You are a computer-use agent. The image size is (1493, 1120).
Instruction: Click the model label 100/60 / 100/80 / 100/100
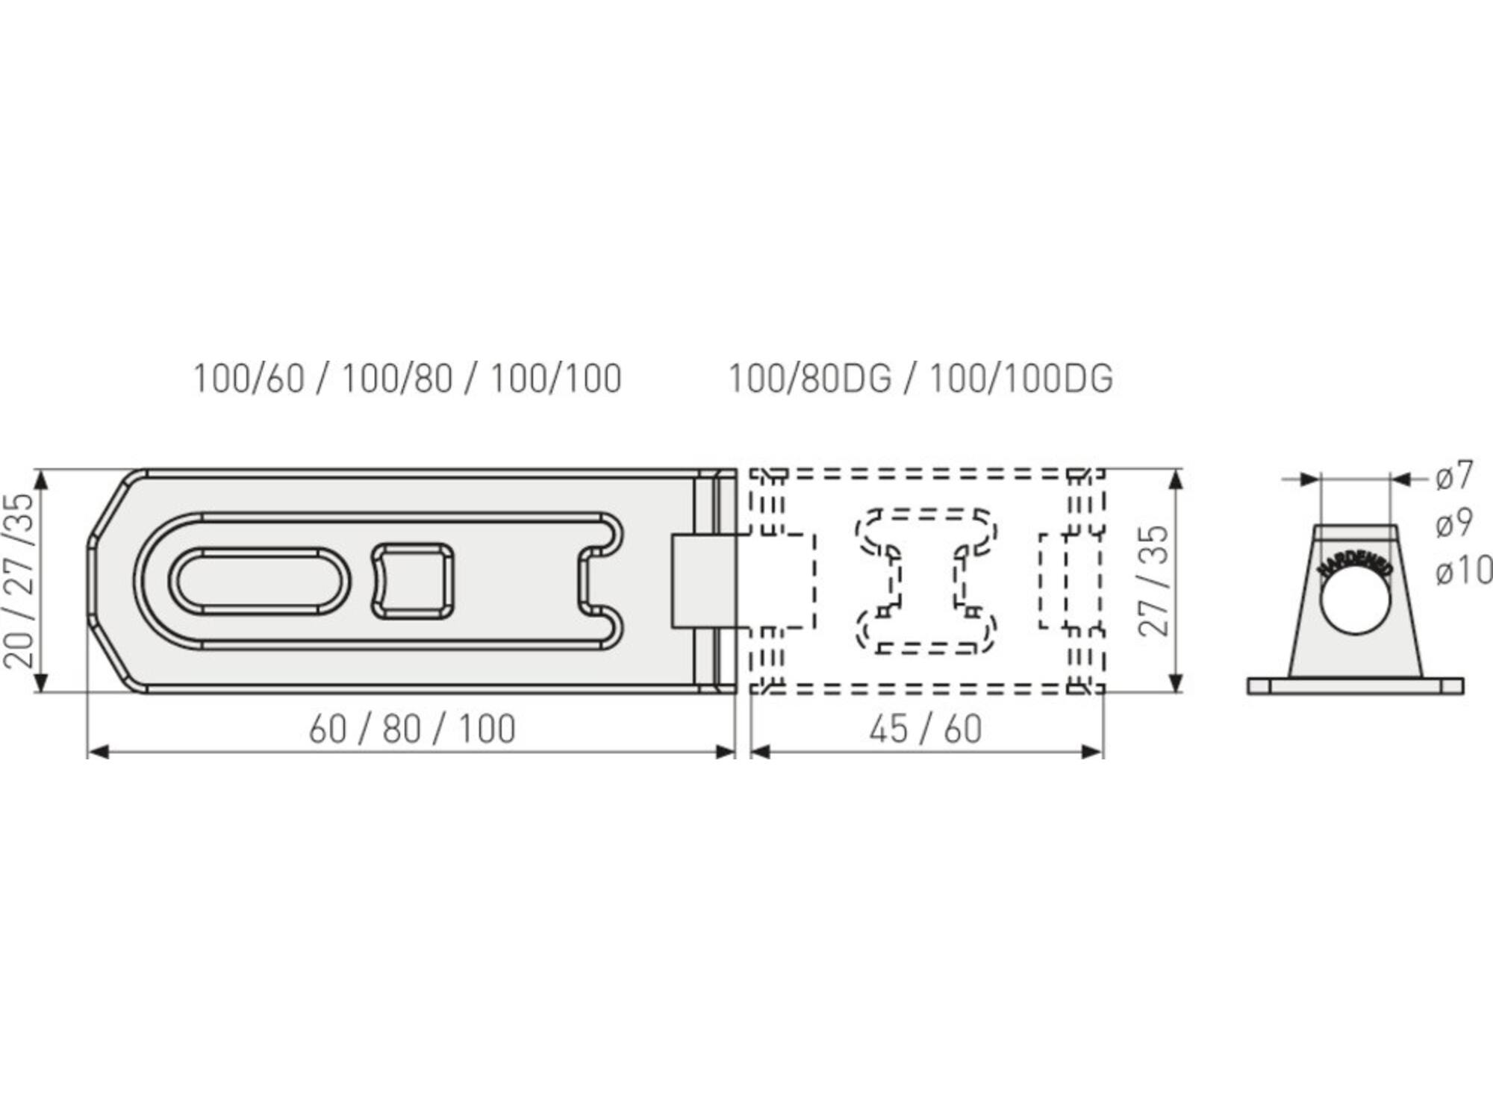(408, 379)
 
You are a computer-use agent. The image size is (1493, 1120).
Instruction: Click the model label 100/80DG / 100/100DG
(920, 379)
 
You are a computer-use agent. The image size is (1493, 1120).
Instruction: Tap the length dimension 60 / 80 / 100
(412, 729)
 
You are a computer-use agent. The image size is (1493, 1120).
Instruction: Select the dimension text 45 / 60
(925, 729)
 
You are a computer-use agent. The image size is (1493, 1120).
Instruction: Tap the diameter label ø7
(1454, 476)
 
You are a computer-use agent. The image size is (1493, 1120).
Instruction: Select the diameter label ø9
(1454, 523)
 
